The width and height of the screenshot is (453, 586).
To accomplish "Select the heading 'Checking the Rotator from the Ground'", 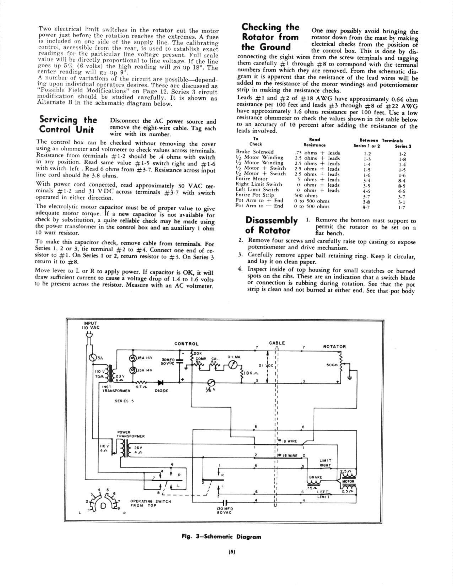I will [x=270, y=37].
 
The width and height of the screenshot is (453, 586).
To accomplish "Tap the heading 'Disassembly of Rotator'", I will [x=272, y=225].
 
